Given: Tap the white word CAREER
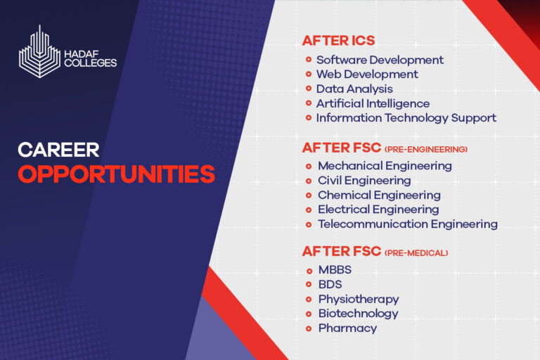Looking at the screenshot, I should [x=58, y=149].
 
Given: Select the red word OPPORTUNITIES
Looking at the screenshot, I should [x=117, y=173].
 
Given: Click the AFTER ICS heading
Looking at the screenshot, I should [x=339, y=40].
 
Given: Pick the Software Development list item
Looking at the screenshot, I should [x=380, y=60].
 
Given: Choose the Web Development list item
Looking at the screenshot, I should [x=367, y=75].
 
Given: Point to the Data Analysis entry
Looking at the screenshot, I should [x=354, y=89].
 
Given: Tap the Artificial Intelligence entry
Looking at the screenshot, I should [x=373, y=103].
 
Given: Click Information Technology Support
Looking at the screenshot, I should [x=406, y=118].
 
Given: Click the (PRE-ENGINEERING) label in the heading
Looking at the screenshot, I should [x=426, y=149].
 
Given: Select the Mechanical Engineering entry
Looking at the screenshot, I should [x=385, y=166].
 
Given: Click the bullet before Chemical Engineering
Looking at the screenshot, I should [x=309, y=195].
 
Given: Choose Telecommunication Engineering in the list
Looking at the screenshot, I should [x=407, y=224].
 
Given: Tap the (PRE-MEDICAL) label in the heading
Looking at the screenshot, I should [x=416, y=252].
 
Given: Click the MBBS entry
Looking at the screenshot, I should [x=335, y=270].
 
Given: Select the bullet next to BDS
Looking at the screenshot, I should [x=309, y=285].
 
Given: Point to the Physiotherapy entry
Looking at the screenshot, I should [x=358, y=299].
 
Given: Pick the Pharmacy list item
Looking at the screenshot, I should [x=347, y=328].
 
